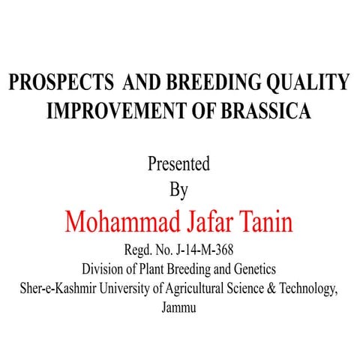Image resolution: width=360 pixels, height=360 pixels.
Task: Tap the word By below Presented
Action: [x=178, y=190]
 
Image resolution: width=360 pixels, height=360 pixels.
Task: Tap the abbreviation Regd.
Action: [x=133, y=251]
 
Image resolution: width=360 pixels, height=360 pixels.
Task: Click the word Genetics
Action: [x=253, y=269]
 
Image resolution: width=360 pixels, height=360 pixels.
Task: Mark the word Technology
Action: [x=312, y=288]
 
